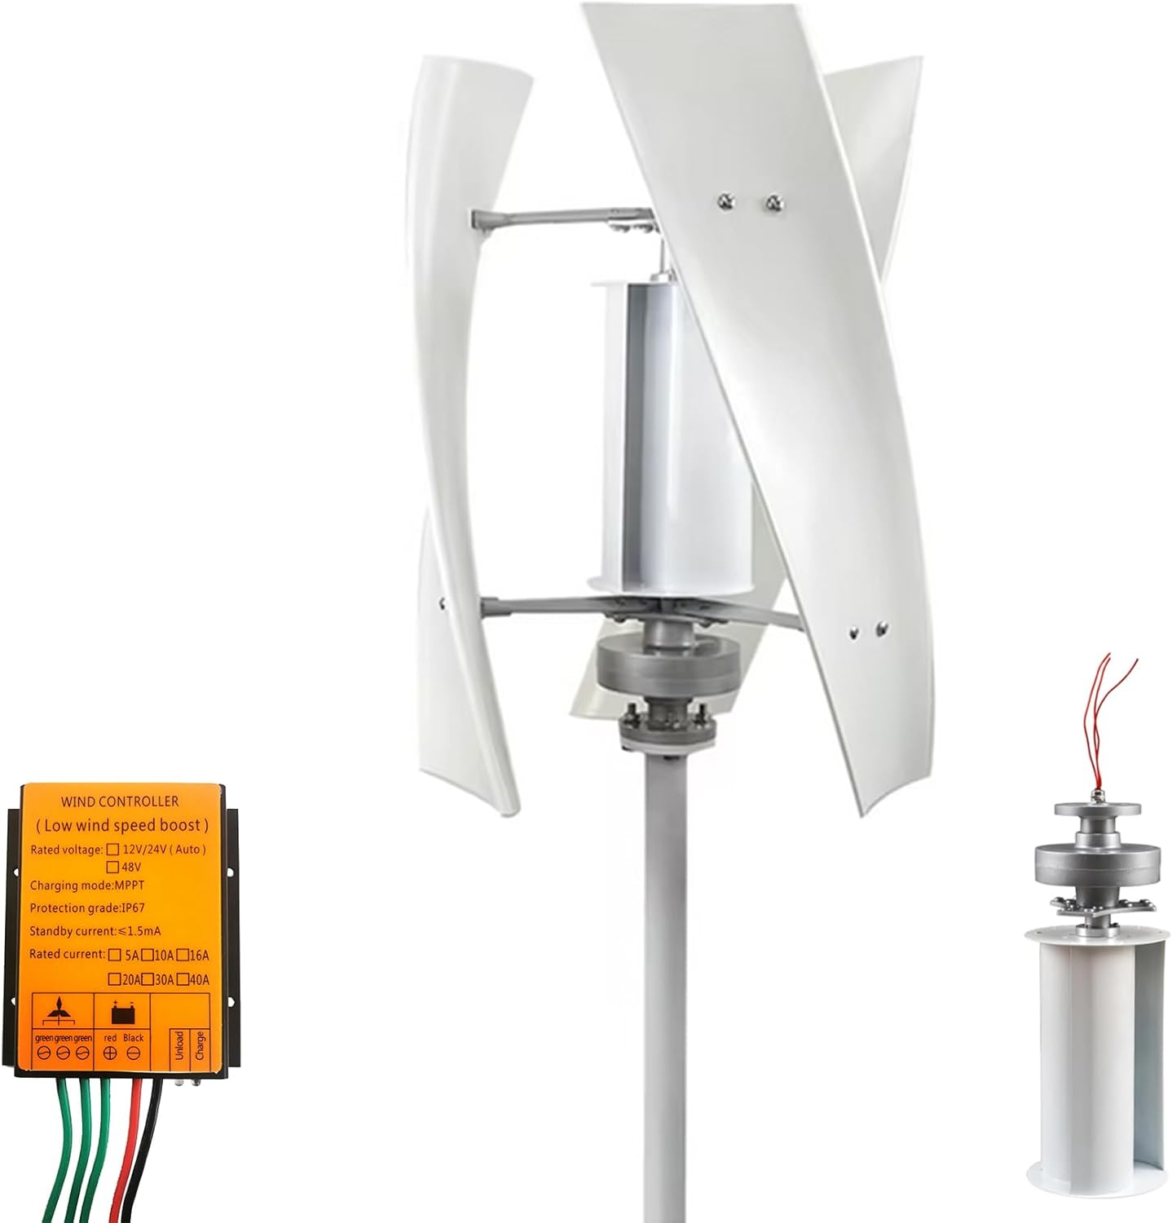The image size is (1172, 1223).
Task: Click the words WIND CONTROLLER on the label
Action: coord(119,801)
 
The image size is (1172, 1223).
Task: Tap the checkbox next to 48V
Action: coord(113,867)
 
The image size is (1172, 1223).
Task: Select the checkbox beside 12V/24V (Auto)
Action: coord(113,849)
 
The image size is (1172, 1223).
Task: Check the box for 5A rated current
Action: coord(114,955)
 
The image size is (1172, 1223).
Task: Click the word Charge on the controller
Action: coord(200,1046)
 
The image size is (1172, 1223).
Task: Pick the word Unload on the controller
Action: coord(178,1046)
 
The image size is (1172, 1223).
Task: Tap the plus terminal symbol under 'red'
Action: coord(110,1053)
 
